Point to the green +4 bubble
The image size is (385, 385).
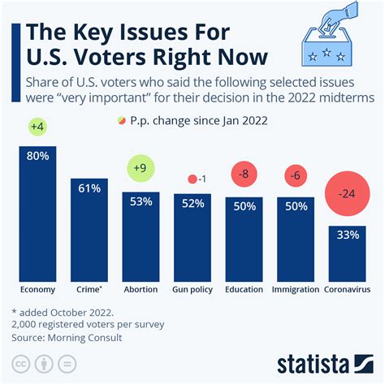(x=37, y=127)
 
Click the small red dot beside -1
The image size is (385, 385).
(x=192, y=180)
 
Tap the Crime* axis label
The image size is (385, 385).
(x=89, y=289)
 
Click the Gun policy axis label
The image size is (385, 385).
(x=192, y=289)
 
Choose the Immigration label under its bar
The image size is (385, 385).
(x=295, y=289)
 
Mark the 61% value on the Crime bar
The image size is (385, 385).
(x=89, y=189)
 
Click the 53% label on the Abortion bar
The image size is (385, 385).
(x=141, y=202)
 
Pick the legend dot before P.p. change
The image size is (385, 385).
(x=123, y=121)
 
